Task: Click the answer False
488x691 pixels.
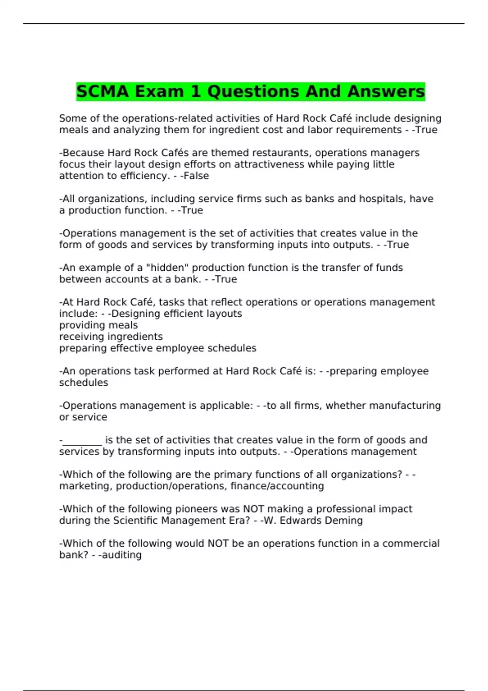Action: pyautogui.click(x=196, y=176)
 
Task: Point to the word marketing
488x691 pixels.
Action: pyautogui.click(x=84, y=486)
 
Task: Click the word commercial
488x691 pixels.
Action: pyautogui.click(x=411, y=543)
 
